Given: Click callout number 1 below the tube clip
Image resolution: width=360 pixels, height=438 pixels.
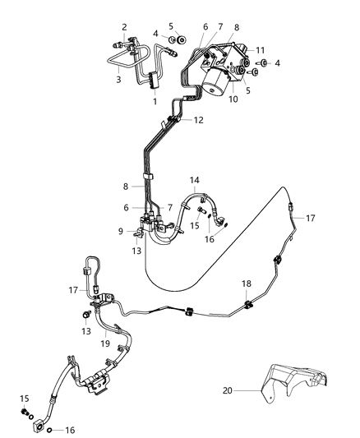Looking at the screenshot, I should (155, 101).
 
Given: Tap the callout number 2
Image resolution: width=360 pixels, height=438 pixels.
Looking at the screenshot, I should (125, 27).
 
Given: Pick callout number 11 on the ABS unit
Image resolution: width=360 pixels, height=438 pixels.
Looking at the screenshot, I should (260, 50).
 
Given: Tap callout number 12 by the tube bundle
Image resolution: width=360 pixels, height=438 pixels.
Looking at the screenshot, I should (198, 120).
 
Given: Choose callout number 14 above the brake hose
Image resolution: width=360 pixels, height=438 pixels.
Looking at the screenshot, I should (195, 179).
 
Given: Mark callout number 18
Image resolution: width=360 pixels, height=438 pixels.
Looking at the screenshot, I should (245, 284).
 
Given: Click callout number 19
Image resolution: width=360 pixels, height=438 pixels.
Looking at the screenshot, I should (104, 344).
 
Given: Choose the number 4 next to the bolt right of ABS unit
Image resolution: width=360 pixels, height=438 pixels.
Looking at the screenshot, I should (277, 62).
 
